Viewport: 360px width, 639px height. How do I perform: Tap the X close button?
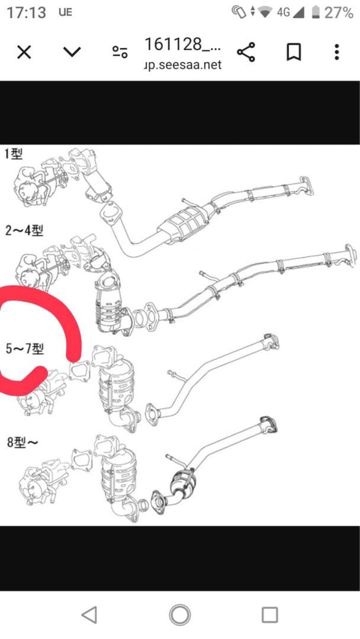24,52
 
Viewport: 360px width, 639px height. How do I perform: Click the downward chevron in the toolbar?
72,52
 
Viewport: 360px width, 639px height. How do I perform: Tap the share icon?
246,52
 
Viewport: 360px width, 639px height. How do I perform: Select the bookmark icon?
293,52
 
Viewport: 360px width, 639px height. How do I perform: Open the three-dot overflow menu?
336,52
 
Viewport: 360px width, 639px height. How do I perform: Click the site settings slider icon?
120,52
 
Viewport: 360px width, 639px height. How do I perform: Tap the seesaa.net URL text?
183,65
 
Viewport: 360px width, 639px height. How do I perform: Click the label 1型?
12,155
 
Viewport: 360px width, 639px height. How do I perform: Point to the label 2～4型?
24,230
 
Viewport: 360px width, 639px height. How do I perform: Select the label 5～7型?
24,348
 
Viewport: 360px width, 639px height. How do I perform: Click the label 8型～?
23,442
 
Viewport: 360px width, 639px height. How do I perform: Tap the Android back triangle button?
89,615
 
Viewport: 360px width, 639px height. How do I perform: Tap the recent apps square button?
269,615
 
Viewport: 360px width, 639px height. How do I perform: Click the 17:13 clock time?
26,12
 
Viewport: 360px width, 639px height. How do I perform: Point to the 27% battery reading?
339,12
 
